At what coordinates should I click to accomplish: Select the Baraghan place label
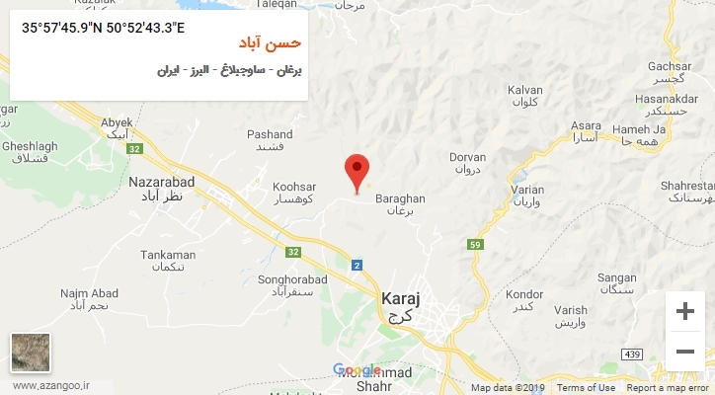coord(400,197)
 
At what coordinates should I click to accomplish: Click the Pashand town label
coord(270,134)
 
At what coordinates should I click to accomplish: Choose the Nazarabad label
coord(162,183)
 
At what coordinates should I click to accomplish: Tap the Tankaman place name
coord(168,255)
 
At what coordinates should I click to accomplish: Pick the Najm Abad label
coord(89,293)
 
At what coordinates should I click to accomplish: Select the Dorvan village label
coord(468,157)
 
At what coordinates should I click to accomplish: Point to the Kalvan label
coord(525,90)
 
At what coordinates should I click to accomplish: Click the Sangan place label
coord(617,278)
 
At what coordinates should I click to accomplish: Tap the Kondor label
coord(523,294)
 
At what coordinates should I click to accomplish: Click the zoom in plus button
coord(684,311)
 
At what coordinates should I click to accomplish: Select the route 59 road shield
coord(475,245)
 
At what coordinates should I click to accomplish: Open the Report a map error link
coord(669,388)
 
